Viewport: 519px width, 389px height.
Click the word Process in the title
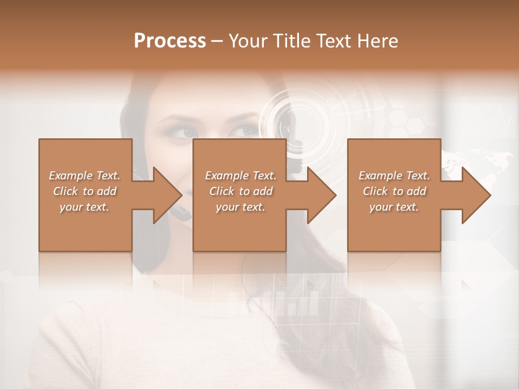coord(170,41)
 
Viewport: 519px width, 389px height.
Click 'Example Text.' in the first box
coord(84,176)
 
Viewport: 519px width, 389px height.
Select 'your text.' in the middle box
coord(240,207)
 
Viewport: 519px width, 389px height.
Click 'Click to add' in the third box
coord(394,191)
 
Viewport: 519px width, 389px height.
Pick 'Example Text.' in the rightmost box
coord(394,176)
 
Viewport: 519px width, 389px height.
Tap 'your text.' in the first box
coord(84,207)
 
